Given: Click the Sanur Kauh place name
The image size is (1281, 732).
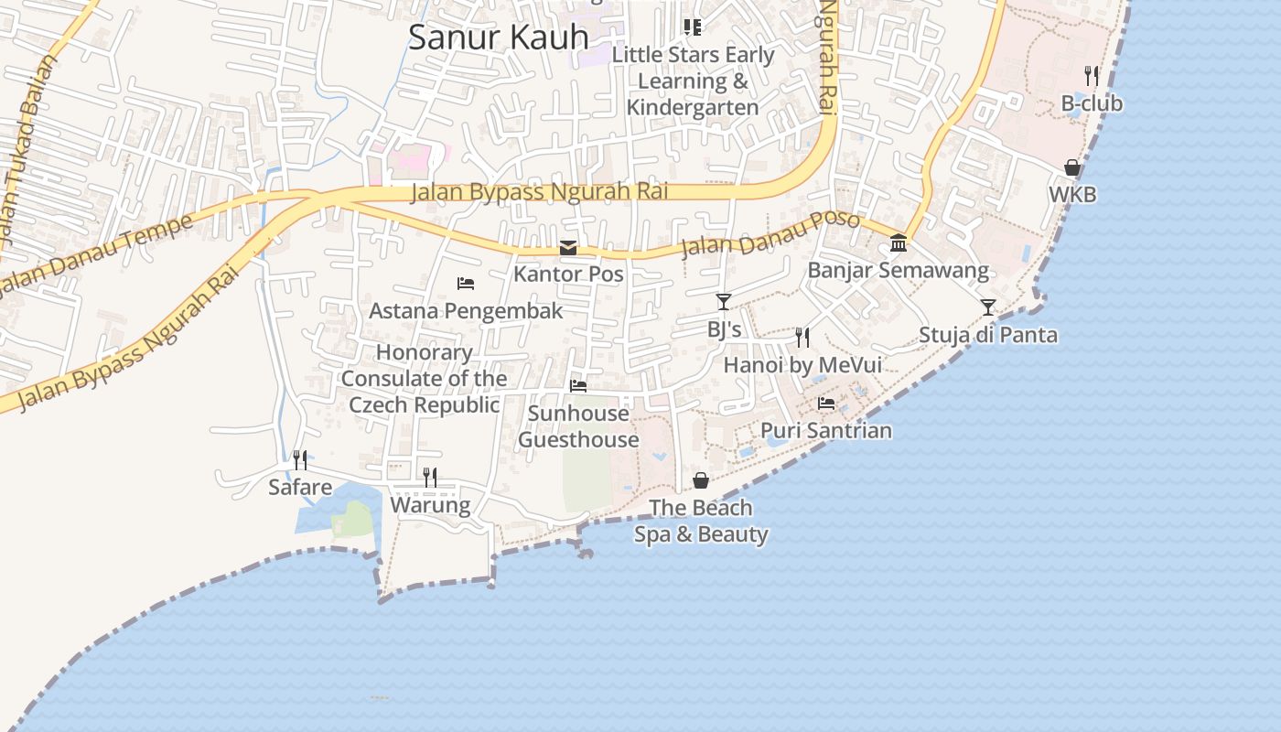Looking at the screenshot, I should point(499,38).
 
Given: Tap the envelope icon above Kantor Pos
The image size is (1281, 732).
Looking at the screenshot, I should point(568,248).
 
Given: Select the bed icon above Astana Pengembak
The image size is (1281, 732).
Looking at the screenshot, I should point(466,284).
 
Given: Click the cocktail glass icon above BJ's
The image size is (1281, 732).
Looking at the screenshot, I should point(724,301).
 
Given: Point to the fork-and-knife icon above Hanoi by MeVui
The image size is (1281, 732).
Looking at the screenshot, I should point(802,338).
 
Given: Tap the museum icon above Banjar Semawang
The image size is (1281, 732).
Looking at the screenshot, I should point(899,243).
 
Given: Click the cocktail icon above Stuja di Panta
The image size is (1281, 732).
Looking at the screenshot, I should point(988,307).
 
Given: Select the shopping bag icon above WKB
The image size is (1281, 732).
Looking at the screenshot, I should point(1072,167).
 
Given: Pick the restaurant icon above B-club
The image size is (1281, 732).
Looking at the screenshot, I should point(1092,76).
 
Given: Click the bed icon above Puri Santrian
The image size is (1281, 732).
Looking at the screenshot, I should point(826,403).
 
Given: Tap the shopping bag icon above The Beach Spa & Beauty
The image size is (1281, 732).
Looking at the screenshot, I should point(701,480).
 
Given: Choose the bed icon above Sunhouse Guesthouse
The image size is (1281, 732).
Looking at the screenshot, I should point(578,386).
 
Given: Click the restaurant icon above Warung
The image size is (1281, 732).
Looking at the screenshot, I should point(430,477).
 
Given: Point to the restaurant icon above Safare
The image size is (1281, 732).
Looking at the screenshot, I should point(299,459).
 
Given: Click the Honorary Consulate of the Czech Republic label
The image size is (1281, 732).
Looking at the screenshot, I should point(425,379).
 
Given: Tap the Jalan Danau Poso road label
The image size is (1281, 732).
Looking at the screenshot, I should point(770,236).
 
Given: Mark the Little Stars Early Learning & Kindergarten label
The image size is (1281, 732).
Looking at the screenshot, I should point(693,81).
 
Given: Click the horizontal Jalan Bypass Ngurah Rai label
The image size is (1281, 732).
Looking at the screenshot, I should point(539,192).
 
